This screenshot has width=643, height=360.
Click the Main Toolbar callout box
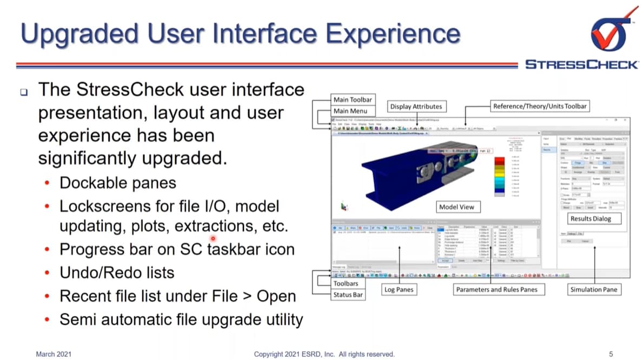(352, 99)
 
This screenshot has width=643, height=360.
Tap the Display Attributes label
(416, 106)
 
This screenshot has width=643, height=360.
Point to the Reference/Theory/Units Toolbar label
(539, 106)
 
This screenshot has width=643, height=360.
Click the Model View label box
(457, 207)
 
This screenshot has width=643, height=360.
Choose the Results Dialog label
(592, 219)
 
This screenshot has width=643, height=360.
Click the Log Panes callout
(399, 290)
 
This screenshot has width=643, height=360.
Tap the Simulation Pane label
(593, 290)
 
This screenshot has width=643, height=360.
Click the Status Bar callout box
(348, 295)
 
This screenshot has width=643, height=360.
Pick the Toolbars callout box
(346, 283)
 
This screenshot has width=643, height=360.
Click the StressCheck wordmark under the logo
(581, 65)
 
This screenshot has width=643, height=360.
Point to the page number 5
(611, 354)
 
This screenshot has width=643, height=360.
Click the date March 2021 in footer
(54, 354)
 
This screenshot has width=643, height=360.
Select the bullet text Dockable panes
(117, 183)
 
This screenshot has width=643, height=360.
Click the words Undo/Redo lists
(117, 272)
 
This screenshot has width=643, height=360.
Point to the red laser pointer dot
(213, 238)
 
